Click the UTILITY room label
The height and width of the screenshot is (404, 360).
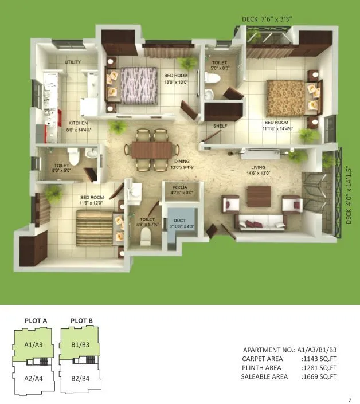73,62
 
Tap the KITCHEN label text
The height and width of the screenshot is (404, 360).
78,123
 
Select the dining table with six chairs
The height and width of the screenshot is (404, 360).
151,149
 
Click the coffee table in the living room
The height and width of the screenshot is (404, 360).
259,196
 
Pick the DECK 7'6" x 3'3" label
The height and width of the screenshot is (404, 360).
267,19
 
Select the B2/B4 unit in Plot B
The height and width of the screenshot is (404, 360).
80,379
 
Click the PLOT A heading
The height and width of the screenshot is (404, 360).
36,320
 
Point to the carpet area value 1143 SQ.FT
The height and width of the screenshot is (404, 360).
320,359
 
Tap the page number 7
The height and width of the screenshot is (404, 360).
349,399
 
